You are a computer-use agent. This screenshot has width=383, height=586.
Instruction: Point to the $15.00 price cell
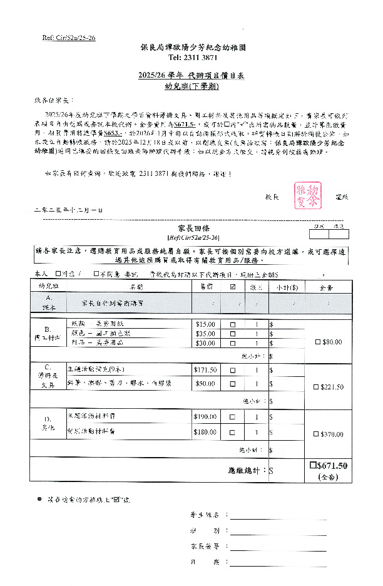click(205, 324)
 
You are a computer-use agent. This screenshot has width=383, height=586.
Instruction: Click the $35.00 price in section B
click(205, 334)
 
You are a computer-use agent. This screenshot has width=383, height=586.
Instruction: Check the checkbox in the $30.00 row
click(233, 343)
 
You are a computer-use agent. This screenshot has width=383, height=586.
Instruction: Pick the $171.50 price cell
click(205, 370)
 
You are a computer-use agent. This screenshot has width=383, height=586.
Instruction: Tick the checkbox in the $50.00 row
click(233, 383)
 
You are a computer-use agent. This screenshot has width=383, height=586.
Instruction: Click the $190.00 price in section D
click(205, 416)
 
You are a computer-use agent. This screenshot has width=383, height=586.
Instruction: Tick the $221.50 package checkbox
click(317, 388)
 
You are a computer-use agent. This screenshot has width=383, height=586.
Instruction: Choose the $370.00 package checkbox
click(317, 434)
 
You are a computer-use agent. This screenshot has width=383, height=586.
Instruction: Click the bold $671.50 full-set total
click(329, 466)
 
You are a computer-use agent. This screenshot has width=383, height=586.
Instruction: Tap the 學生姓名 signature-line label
click(205, 515)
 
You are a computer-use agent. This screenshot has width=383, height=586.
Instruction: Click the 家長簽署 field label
click(205, 546)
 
